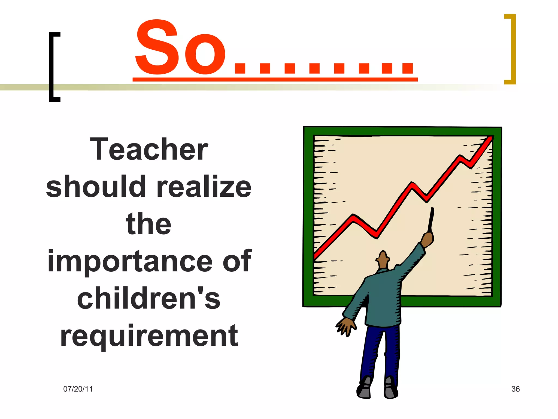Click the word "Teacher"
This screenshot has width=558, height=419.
click(x=149, y=149)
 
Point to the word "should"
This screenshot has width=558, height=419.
click(x=96, y=187)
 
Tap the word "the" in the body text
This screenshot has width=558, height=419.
click(x=149, y=224)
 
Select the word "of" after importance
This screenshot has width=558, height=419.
click(x=237, y=261)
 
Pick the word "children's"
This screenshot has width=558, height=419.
click(x=149, y=298)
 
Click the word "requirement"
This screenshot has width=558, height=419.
click(x=149, y=336)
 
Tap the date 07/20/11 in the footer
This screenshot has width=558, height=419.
click(x=78, y=389)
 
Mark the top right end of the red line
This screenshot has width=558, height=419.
click(x=490, y=139)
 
